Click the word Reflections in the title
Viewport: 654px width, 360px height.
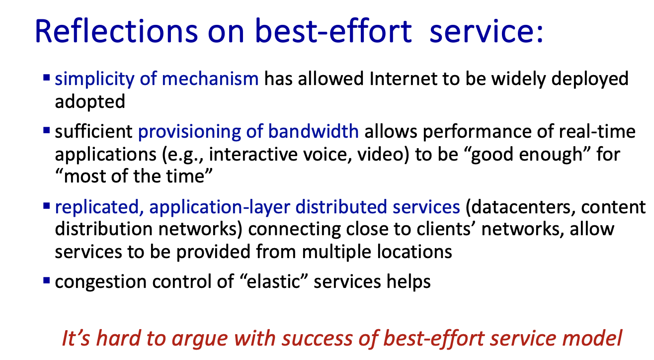116,31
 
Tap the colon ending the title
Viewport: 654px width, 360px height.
539,33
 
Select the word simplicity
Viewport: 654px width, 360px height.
94,80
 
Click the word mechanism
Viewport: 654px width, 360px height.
210,79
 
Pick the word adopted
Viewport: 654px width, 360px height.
90,102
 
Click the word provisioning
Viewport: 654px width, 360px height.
189,132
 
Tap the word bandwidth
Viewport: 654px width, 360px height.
313,131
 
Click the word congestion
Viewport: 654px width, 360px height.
101,282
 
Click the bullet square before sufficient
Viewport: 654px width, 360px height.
46,130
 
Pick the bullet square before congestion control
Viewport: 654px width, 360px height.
46,280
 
